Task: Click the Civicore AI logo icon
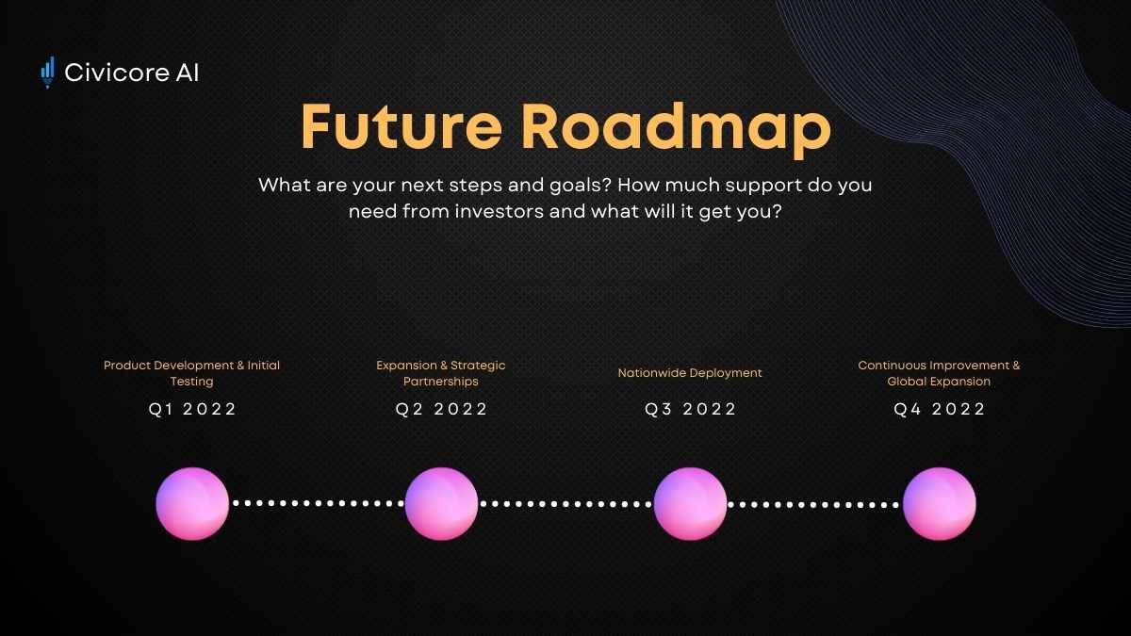pyautogui.click(x=47, y=73)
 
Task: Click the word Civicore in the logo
pyautogui.click(x=117, y=73)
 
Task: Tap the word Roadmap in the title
pyautogui.click(x=676, y=130)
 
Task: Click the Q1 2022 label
pyautogui.click(x=192, y=409)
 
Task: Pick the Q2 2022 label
pyautogui.click(x=441, y=409)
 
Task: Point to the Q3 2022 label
pyautogui.click(x=690, y=409)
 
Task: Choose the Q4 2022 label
pyautogui.click(x=939, y=409)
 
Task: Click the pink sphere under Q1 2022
pyautogui.click(x=192, y=504)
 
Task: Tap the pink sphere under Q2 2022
pyautogui.click(x=441, y=504)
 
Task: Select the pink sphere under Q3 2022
pyautogui.click(x=690, y=504)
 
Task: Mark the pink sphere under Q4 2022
pyautogui.click(x=939, y=504)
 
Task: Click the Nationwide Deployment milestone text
pyautogui.click(x=690, y=373)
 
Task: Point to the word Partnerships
pyautogui.click(x=441, y=382)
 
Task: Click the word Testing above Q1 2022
pyautogui.click(x=192, y=382)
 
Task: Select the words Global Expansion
pyautogui.click(x=939, y=382)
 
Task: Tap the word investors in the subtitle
pyautogui.click(x=500, y=211)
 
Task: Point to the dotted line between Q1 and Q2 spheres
pyautogui.click(x=317, y=503)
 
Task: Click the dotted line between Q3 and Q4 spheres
pyautogui.click(x=814, y=504)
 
